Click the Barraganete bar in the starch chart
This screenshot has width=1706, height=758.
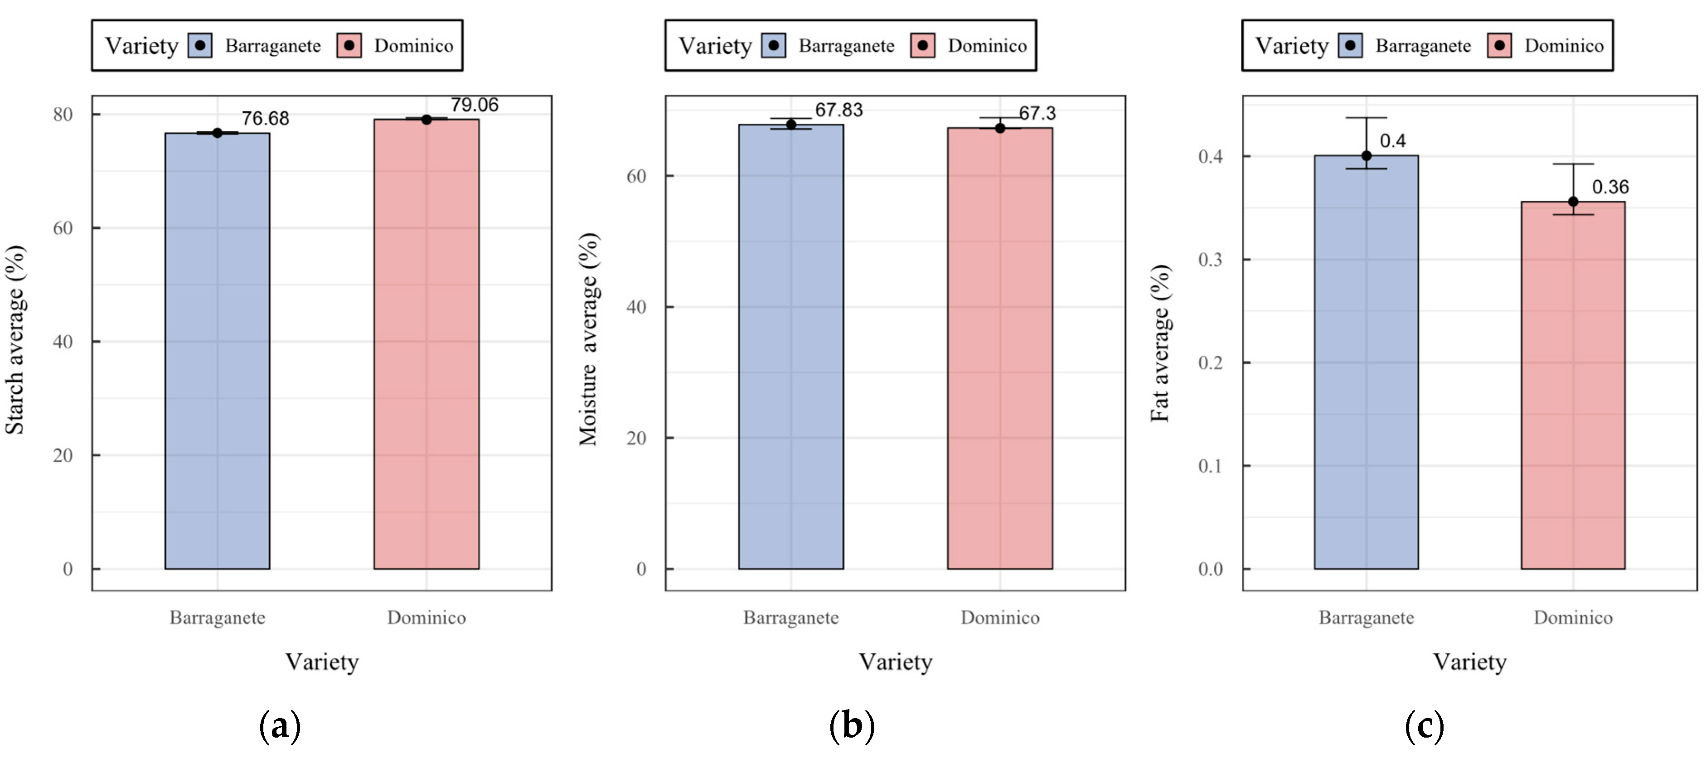[217, 351]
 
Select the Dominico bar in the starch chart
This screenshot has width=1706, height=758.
[426, 344]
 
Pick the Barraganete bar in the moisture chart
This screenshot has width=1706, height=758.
[791, 346]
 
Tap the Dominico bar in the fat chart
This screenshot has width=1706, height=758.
[1573, 385]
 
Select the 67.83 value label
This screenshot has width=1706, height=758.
[838, 110]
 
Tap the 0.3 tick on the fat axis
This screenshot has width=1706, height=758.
[1210, 260]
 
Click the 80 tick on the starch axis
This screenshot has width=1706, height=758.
[63, 115]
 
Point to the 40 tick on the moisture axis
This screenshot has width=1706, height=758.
[636, 307]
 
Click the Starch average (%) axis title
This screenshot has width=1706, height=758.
[15, 340]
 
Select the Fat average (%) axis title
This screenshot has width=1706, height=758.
[1160, 343]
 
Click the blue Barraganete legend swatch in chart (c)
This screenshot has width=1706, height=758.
[1350, 46]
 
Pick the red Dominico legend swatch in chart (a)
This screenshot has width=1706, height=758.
[349, 46]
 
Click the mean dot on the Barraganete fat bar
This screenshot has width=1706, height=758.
[1366, 155]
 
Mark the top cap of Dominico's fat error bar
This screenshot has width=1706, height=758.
[1573, 164]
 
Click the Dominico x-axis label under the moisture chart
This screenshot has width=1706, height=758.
[1000, 618]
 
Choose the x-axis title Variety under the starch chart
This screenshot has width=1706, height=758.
[322, 662]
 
